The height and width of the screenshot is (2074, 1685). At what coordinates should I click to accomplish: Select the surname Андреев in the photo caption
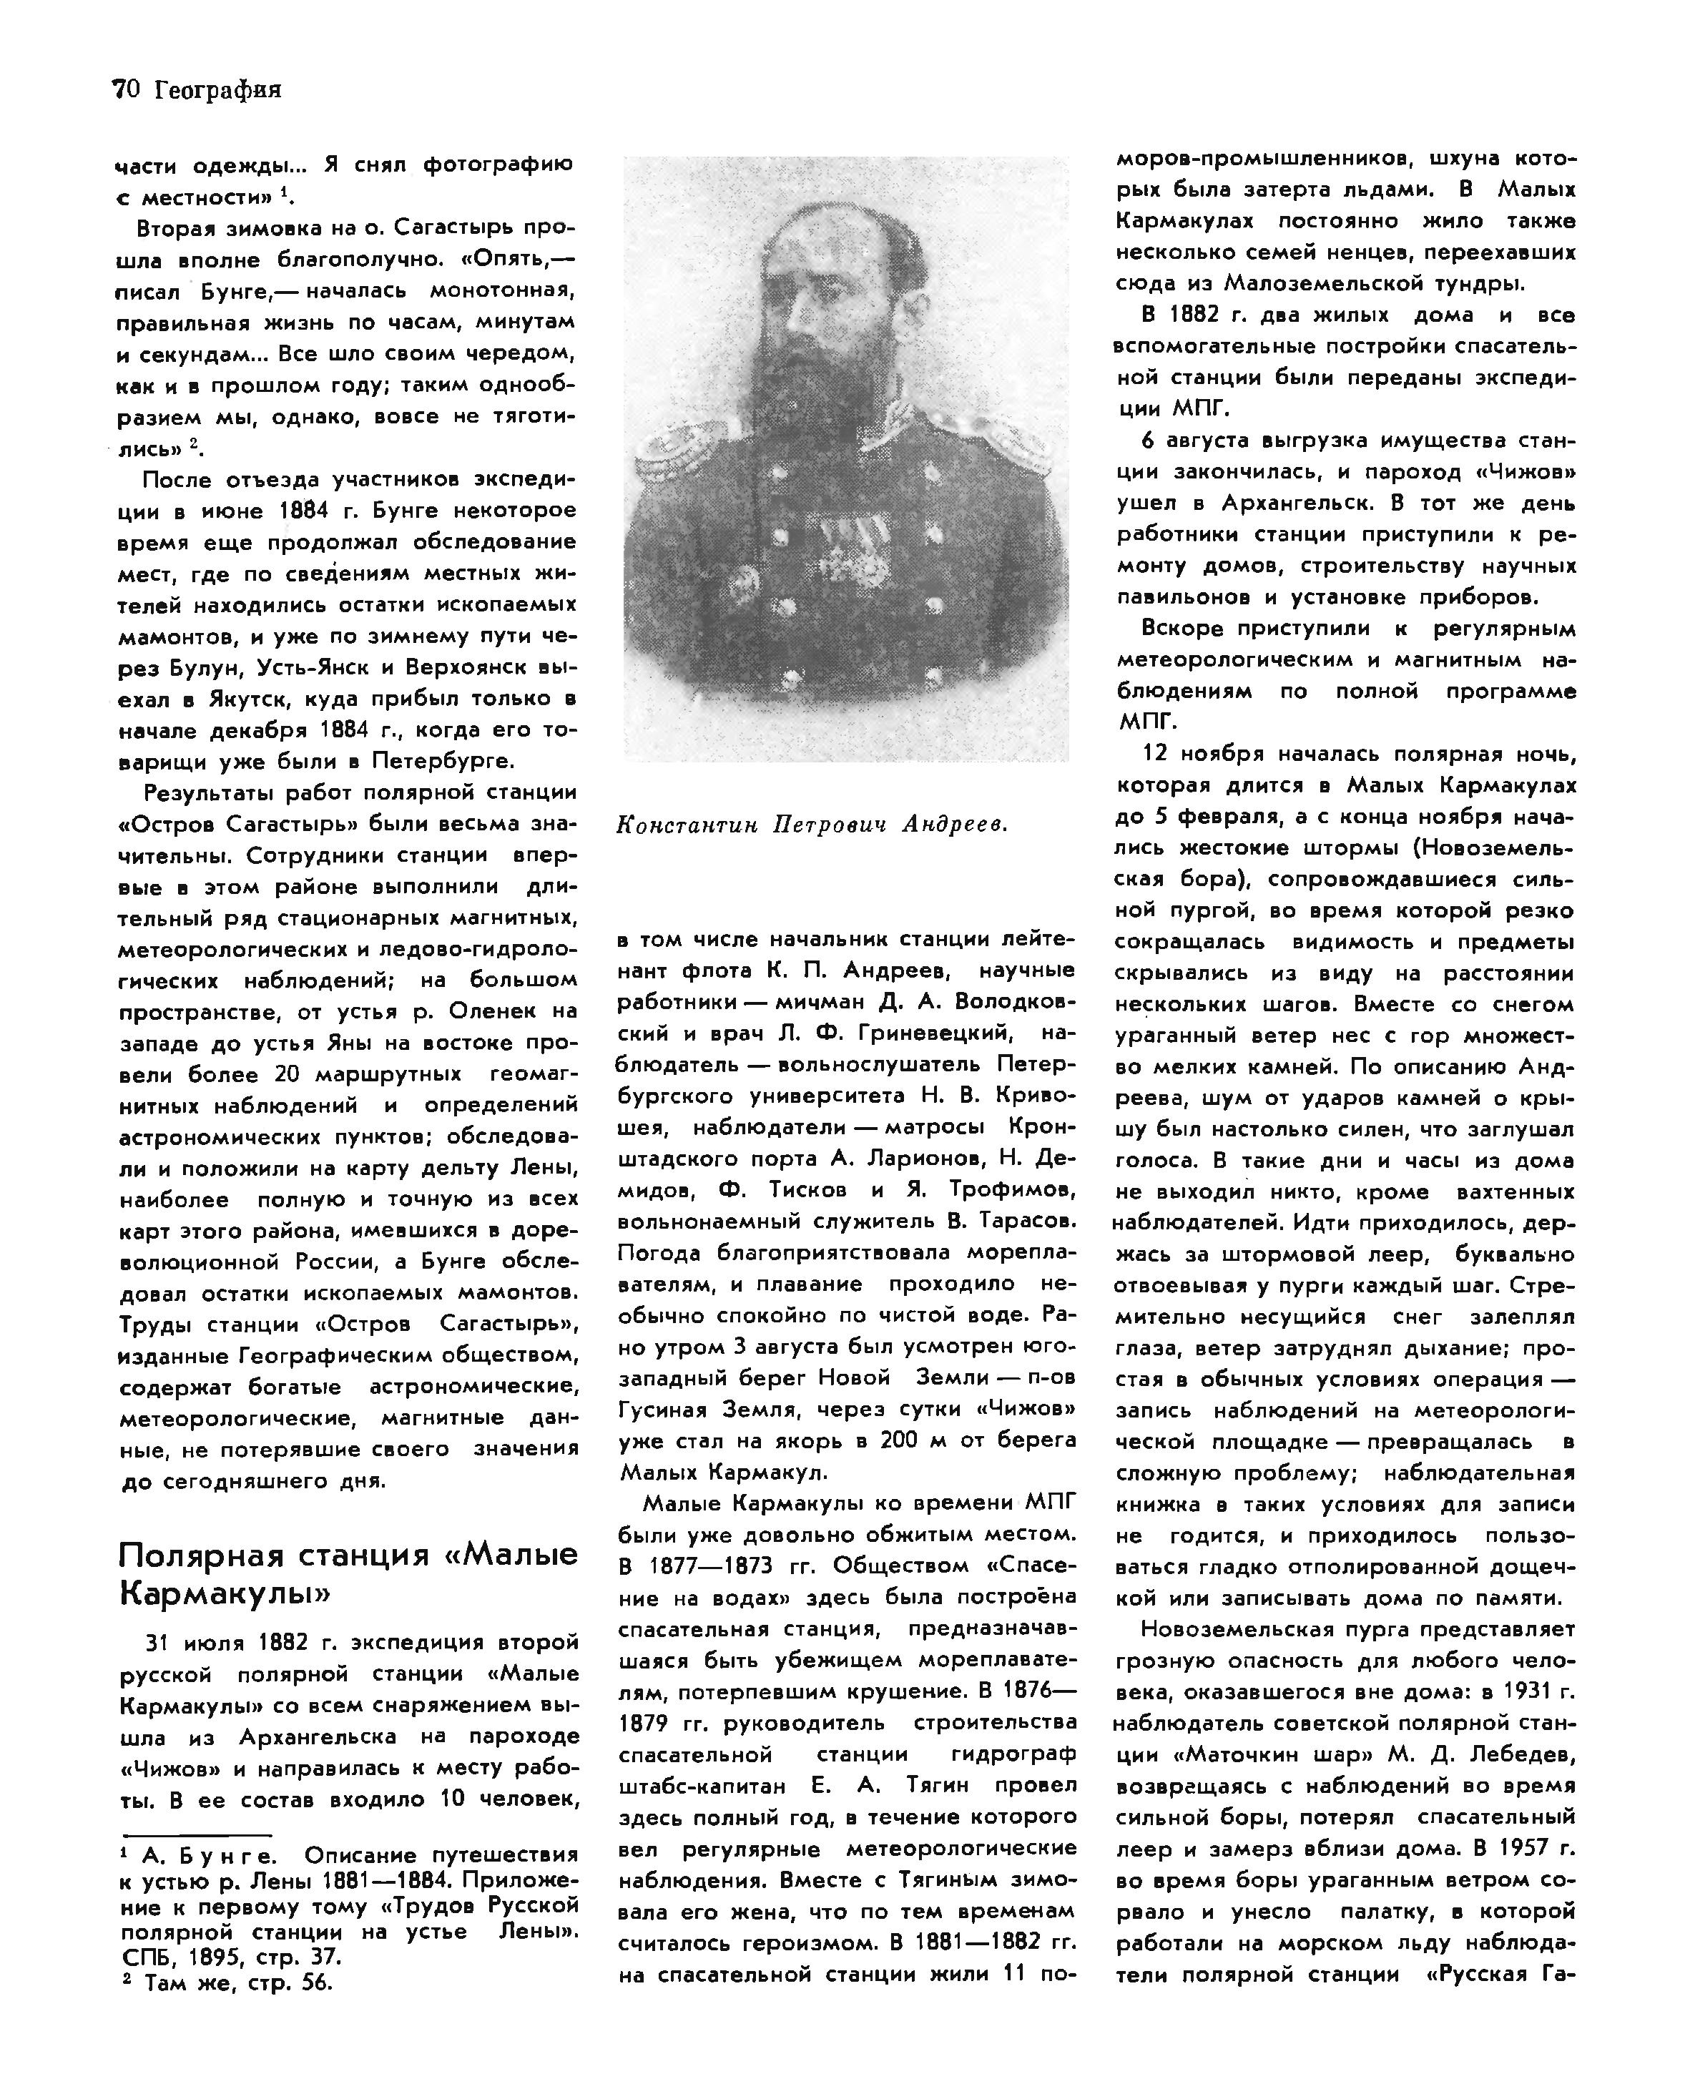tap(954, 825)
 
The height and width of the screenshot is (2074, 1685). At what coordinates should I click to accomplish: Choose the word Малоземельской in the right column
tap(1330, 283)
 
